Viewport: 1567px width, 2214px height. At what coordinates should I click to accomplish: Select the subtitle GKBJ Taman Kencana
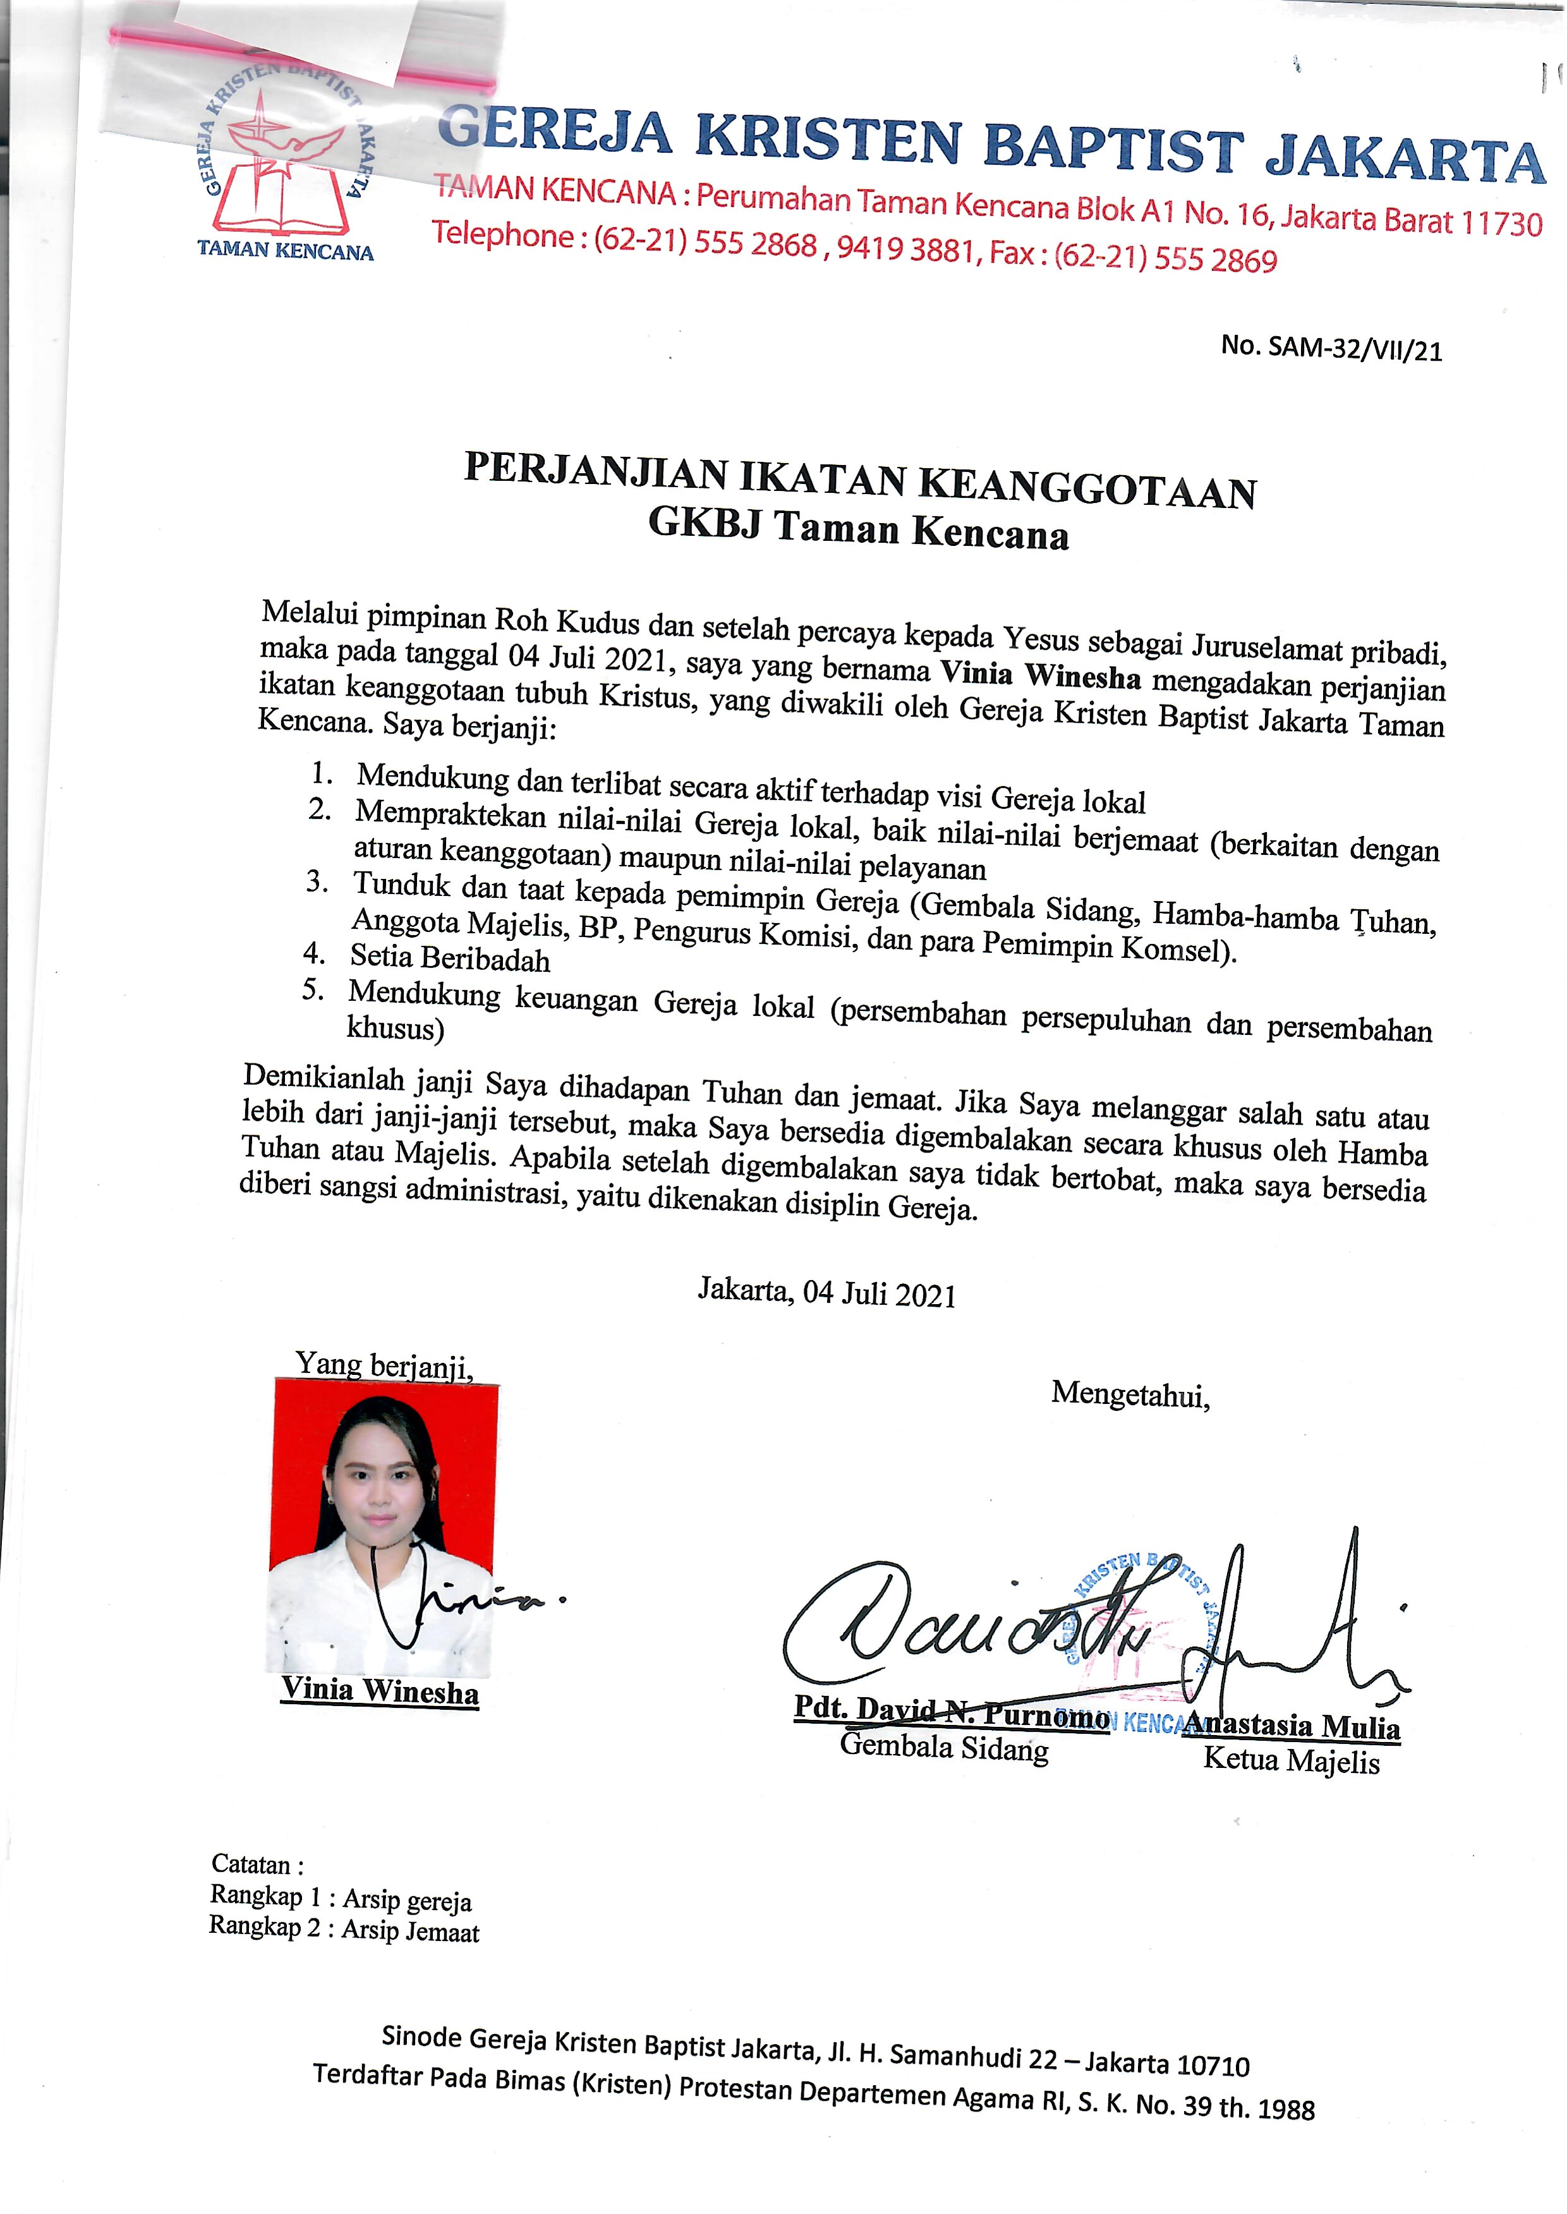point(858,529)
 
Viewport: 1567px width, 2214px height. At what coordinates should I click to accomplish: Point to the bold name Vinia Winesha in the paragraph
point(1040,674)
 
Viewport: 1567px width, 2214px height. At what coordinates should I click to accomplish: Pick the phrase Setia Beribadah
point(450,958)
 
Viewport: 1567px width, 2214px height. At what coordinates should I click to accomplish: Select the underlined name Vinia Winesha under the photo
point(380,1691)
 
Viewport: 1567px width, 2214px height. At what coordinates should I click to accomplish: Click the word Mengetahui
point(1130,1394)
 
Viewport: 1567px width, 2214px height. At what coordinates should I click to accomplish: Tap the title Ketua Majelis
point(1291,1760)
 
